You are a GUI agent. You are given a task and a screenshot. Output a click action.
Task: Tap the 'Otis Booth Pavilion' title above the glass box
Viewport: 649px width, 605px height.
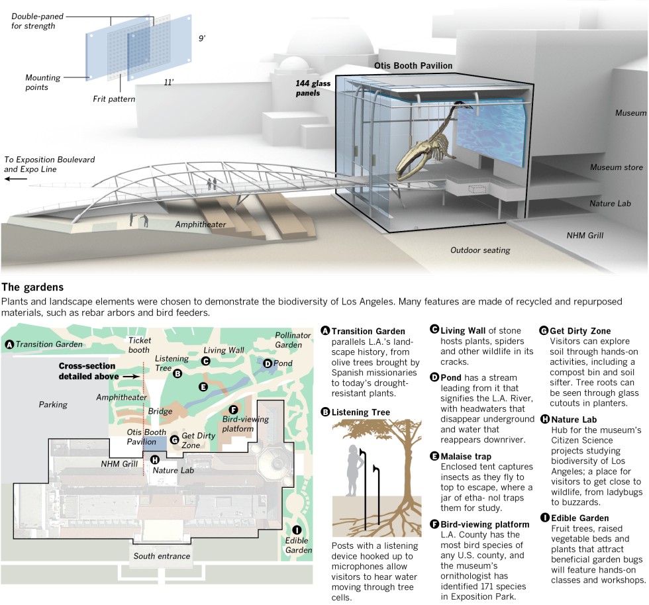413,66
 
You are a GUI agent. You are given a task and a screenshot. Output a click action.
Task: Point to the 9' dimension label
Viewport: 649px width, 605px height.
202,38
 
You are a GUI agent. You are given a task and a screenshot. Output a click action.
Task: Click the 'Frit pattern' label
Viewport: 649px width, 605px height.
114,99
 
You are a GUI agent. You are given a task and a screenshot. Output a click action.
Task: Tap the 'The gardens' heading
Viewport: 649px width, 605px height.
33,287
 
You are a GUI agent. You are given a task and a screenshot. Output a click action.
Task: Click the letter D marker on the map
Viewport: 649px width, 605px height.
268,363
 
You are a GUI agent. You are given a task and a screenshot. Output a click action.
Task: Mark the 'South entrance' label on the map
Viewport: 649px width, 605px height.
162,555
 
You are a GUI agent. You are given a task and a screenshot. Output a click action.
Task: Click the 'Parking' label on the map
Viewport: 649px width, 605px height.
54,404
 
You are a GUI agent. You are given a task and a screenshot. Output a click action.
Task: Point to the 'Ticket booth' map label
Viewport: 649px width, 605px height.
140,344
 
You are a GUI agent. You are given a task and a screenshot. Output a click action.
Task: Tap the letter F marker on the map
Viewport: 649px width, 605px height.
233,410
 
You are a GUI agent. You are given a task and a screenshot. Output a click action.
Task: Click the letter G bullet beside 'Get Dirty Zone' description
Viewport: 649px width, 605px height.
544,330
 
